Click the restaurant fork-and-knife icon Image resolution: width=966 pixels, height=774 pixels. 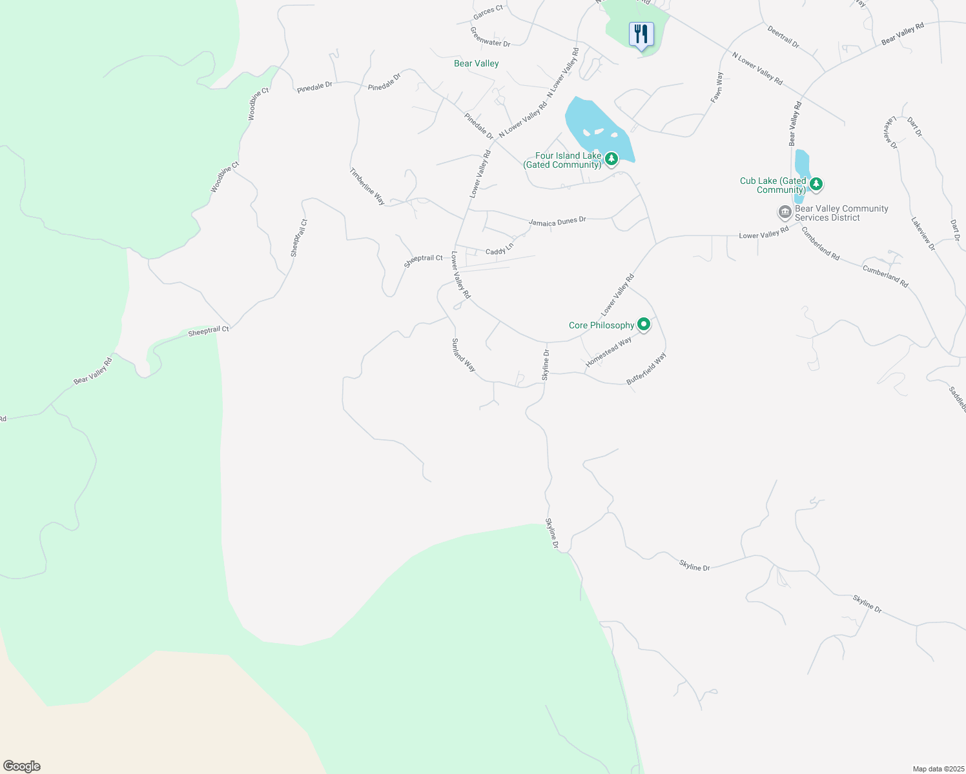pos(641,34)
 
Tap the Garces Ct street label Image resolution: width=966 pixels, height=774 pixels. pos(488,11)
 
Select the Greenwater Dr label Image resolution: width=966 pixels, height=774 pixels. pos(490,37)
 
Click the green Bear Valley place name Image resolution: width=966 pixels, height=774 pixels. pos(477,63)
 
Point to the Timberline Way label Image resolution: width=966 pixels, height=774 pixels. pos(367,187)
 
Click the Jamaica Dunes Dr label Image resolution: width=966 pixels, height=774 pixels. pos(557,221)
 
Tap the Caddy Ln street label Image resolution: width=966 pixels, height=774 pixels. pos(500,248)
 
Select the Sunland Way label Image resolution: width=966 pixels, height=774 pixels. pos(464,355)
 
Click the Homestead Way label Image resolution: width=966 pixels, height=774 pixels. pos(608,353)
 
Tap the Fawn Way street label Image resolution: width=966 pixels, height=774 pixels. pos(717,87)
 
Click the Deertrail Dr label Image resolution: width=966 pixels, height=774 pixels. pos(783,37)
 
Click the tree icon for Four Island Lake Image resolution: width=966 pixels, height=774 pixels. pos(611,158)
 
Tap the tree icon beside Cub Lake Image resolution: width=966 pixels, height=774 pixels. pos(816,184)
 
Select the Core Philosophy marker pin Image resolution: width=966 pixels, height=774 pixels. pos(644,324)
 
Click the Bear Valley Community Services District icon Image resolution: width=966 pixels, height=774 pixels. pos(785,212)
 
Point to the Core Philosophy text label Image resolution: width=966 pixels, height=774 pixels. pos(601,325)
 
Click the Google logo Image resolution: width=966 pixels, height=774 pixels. pos(22,766)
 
